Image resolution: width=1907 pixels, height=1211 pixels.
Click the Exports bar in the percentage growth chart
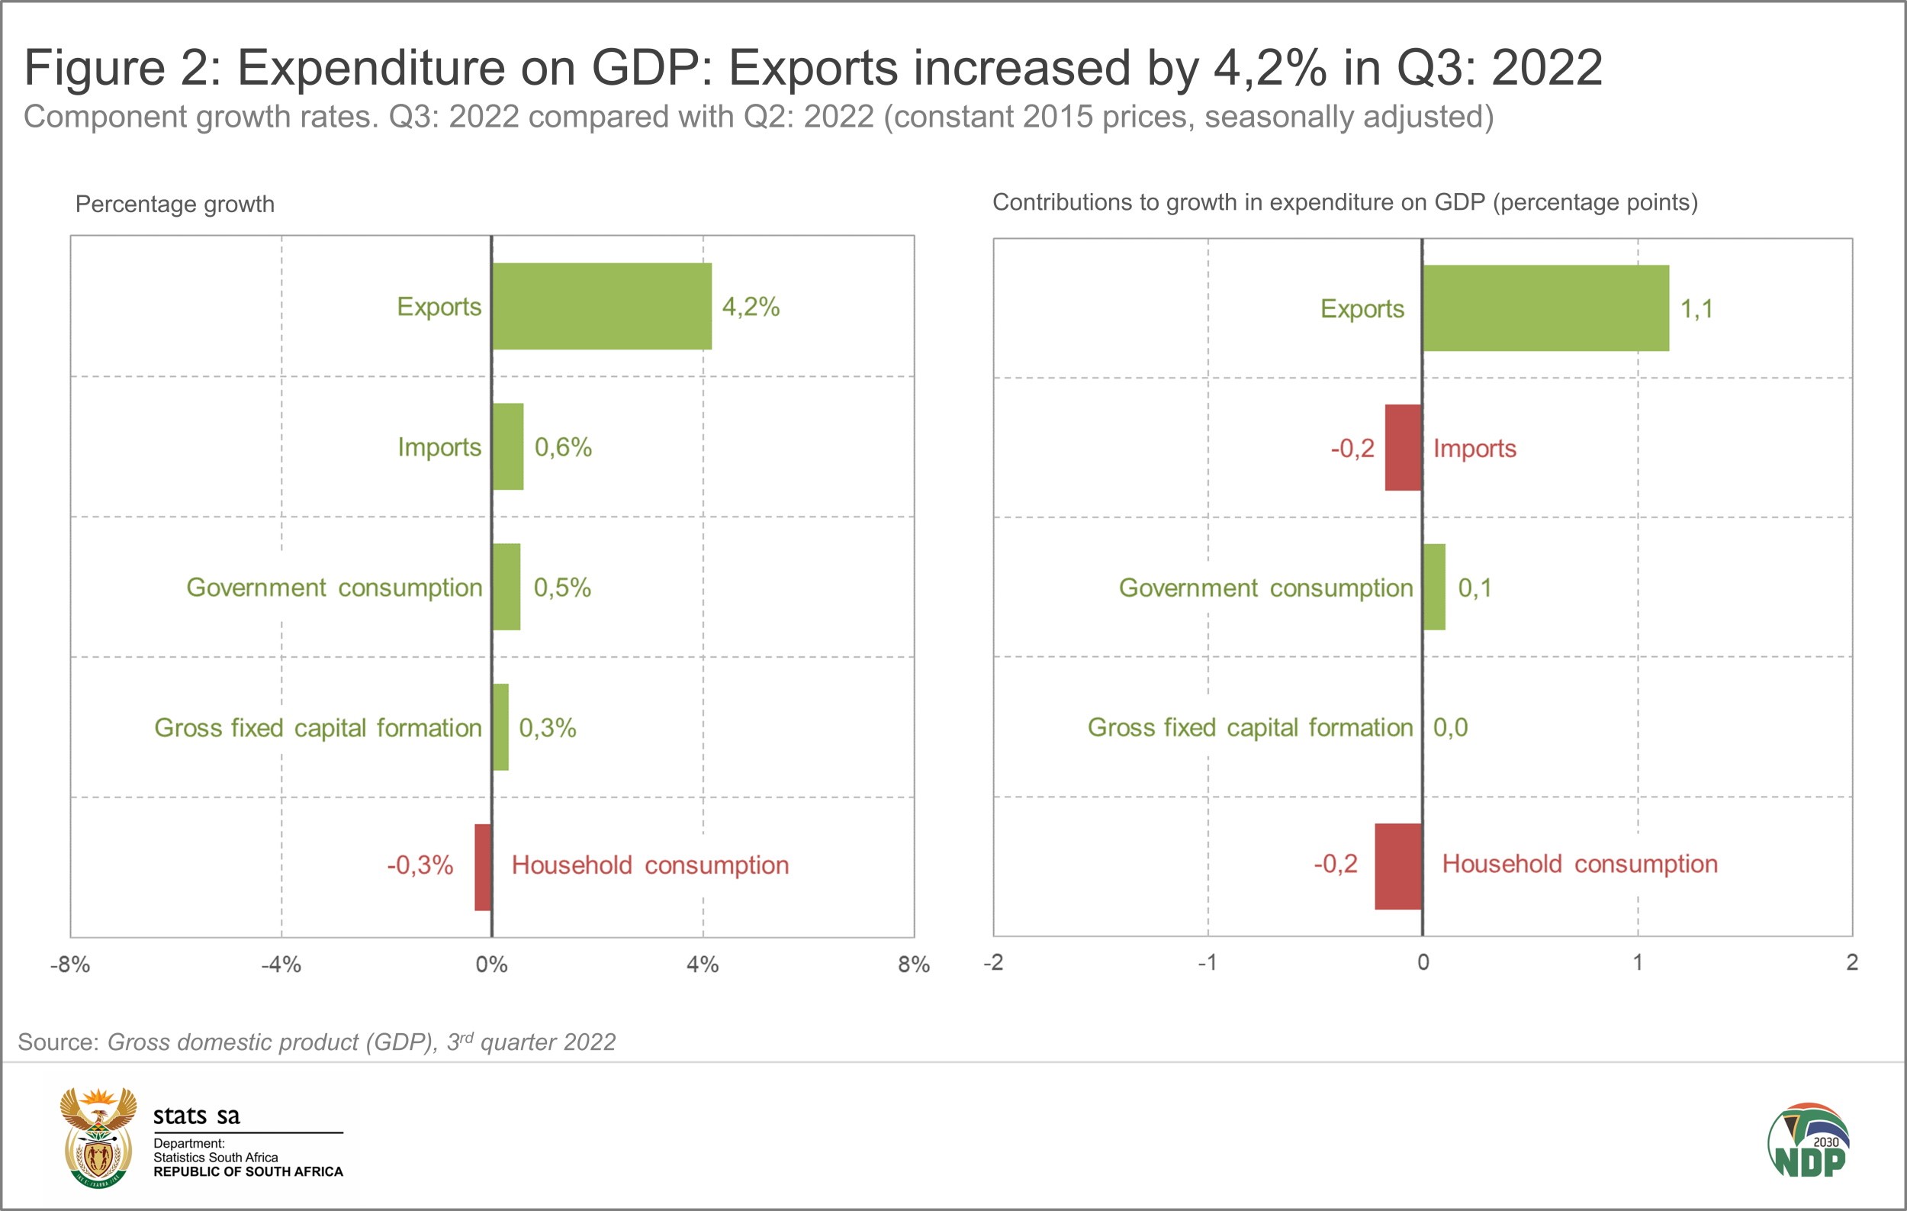click(x=601, y=306)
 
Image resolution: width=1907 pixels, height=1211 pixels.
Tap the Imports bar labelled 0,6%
click(x=507, y=446)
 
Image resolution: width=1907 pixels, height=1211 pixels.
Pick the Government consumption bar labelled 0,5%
click(x=506, y=586)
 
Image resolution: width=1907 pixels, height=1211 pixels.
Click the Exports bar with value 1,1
click(x=1545, y=308)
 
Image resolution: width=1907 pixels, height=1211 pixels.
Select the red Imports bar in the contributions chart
click(x=1403, y=447)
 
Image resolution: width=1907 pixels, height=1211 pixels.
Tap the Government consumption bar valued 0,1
click(x=1434, y=587)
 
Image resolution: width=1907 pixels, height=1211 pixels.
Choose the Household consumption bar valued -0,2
click(x=1397, y=865)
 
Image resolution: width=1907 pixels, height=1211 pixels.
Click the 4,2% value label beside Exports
click(x=751, y=307)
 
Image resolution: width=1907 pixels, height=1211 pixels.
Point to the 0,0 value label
click(x=1450, y=727)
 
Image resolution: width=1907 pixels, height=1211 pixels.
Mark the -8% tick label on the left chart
click(x=69, y=964)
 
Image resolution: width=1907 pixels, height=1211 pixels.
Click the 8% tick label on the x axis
click(x=913, y=964)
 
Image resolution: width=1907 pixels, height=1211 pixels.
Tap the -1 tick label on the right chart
click(x=1207, y=962)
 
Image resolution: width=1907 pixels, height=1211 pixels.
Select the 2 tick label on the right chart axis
click(x=1851, y=962)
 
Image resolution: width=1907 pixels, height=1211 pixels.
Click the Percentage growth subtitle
click(x=174, y=205)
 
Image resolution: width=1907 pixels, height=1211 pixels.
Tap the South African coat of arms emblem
click(x=98, y=1139)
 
